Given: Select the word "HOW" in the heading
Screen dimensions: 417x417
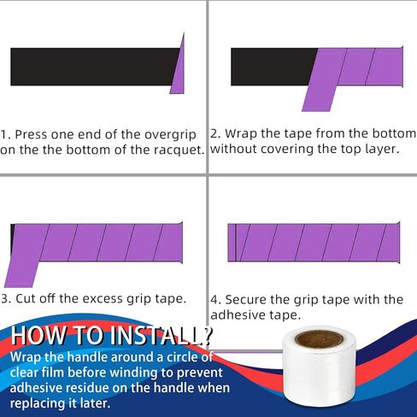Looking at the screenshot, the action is (38, 335).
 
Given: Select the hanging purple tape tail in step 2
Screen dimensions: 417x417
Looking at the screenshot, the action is (319, 97).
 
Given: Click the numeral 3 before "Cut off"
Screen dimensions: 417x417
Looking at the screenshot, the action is (4, 299).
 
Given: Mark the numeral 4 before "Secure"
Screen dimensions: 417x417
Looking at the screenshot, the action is (214, 300).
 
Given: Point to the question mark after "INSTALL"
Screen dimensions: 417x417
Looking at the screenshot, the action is (208, 335).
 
